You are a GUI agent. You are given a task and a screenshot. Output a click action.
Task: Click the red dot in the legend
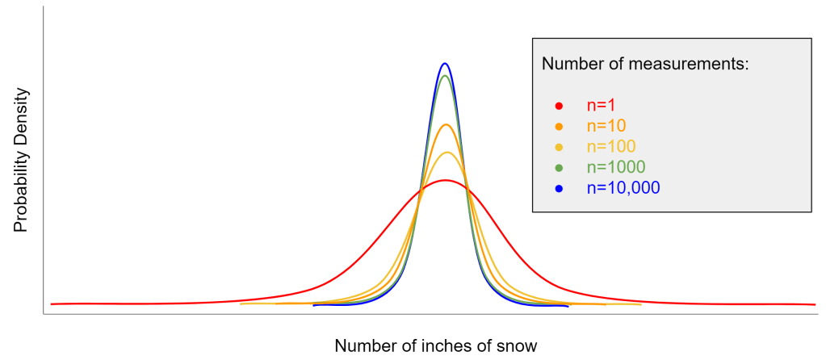[x=558, y=105]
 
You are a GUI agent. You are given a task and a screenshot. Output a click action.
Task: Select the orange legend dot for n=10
[x=558, y=126]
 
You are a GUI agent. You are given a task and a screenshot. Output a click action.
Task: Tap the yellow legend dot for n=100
[x=558, y=147]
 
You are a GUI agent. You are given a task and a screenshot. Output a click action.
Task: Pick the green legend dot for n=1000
[x=558, y=167]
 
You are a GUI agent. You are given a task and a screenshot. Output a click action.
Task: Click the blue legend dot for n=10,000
[x=558, y=188]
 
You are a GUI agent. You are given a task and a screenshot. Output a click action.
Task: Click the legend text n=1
[x=601, y=105]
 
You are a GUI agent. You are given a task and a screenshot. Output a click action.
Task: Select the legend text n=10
[x=606, y=126]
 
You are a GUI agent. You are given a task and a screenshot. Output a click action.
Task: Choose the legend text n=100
[x=610, y=147]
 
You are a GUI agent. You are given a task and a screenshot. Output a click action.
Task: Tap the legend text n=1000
[x=615, y=167]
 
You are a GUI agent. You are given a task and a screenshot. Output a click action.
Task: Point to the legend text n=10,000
[x=623, y=188]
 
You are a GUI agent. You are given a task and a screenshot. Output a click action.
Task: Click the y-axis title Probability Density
[x=21, y=161]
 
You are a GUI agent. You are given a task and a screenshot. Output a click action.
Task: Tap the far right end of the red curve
[x=814, y=304]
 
